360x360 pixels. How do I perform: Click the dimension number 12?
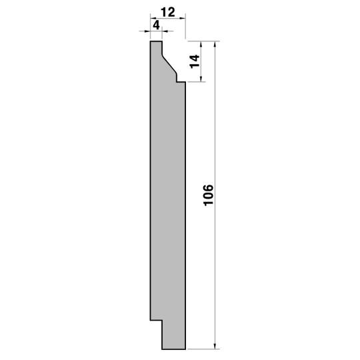coord(168,12)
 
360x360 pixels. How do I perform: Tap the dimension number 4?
coord(156,25)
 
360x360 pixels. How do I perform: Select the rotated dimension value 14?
coord(195,61)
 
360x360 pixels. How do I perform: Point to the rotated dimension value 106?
coord(209,195)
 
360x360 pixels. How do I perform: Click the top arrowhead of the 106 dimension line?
coord(215,44)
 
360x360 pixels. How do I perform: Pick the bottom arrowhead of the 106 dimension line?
coord(215,346)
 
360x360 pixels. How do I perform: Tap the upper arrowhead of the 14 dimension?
coord(201,44)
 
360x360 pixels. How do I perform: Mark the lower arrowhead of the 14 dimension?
coord(201,79)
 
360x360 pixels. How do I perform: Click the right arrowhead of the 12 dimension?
coord(183,18)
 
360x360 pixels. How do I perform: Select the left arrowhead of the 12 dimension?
coord(153,18)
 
